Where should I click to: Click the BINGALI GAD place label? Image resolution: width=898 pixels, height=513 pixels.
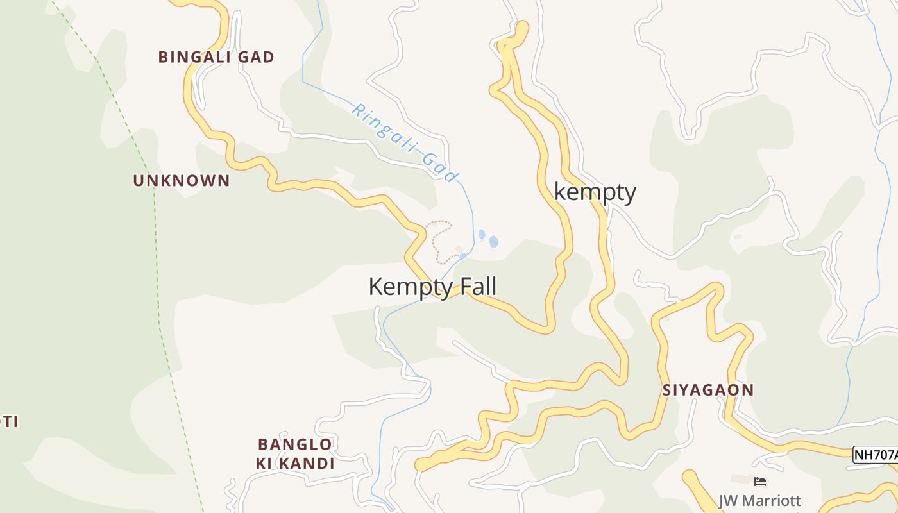[x=216, y=57]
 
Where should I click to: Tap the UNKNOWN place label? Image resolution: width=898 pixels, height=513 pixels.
[x=181, y=181]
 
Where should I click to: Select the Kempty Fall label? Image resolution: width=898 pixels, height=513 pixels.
[x=432, y=287]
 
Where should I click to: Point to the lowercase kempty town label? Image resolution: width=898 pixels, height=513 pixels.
[x=595, y=192]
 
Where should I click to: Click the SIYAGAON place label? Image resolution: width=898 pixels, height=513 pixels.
[x=707, y=390]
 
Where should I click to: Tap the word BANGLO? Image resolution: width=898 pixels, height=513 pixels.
[x=294, y=444]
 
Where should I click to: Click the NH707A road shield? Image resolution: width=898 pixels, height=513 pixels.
[x=876, y=455]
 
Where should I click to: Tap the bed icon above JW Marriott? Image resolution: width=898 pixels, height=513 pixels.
[x=760, y=481]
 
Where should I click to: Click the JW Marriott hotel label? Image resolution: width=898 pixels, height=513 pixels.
[x=759, y=501]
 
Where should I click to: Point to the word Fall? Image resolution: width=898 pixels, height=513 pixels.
[x=475, y=287]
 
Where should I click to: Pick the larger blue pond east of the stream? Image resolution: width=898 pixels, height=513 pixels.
[x=493, y=241]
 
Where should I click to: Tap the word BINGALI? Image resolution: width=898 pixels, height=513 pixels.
[x=196, y=57]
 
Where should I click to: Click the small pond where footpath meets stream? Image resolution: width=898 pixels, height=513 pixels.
[x=463, y=256]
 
